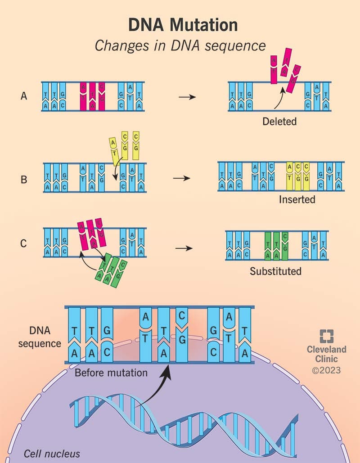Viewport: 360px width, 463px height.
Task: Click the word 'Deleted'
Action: pyautogui.click(x=280, y=121)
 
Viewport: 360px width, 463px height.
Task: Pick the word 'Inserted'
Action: pyautogui.click(x=297, y=199)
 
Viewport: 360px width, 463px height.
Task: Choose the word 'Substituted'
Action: pyautogui.click(x=275, y=271)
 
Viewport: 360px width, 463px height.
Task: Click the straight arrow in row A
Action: pyautogui.click(x=187, y=97)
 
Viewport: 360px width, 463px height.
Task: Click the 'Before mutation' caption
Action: pyautogui.click(x=111, y=373)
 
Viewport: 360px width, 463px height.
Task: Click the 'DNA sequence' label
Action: pyautogui.click(x=43, y=337)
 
